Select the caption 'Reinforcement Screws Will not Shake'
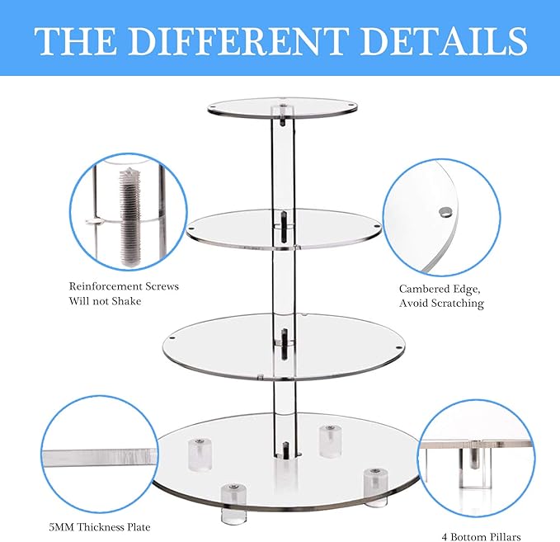pyautogui.click(x=124, y=294)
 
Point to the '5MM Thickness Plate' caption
pyautogui.click(x=99, y=526)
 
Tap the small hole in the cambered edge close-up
pyautogui.click(x=445, y=212)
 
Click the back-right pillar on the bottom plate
pyautogui.click(x=329, y=439)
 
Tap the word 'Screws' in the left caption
pyautogui.click(x=160, y=286)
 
